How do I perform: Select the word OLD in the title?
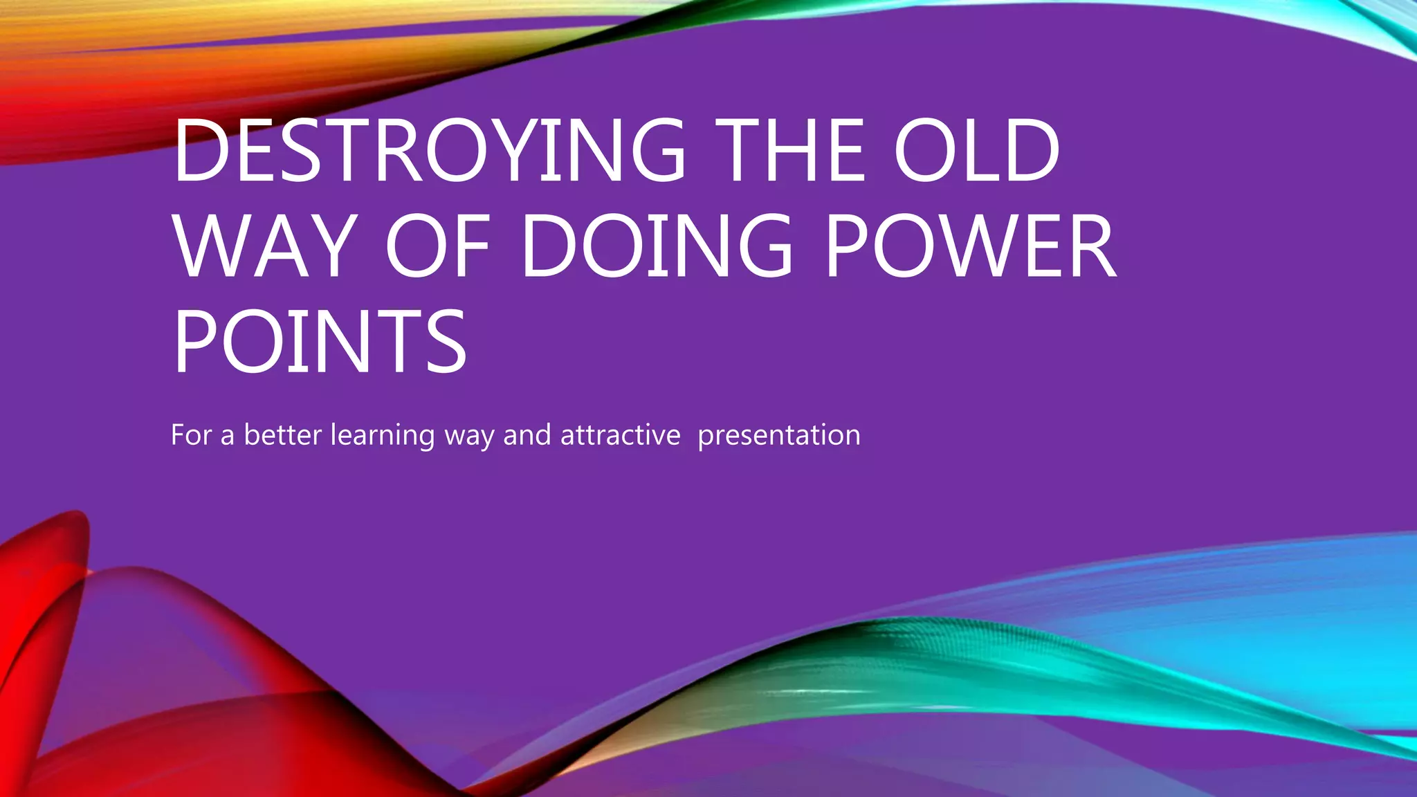pos(976,151)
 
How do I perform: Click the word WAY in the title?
pos(265,246)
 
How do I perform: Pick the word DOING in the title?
pos(656,246)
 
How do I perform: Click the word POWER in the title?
pos(970,246)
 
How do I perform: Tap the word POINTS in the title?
pos(320,342)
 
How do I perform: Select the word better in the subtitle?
pos(283,435)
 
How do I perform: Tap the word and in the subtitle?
pos(527,435)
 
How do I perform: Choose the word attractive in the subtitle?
pos(621,435)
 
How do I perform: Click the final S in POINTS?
pos(445,342)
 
